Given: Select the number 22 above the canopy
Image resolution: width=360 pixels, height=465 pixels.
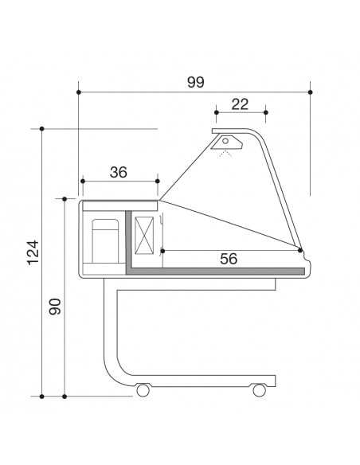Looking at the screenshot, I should [x=241, y=104].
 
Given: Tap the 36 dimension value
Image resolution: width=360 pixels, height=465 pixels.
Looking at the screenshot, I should [x=119, y=172].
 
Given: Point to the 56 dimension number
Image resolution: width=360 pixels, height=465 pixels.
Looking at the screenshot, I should [x=229, y=258].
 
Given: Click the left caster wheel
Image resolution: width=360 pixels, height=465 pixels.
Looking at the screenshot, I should [x=143, y=390].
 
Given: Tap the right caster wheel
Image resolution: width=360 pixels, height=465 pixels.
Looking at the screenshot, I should [x=259, y=390].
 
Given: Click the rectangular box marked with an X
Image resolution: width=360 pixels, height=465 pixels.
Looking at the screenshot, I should [x=146, y=235].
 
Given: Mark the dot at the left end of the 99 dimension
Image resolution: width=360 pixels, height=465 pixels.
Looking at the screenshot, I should [x=80, y=92].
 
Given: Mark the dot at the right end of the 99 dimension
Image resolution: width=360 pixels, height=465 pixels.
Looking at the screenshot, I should [x=311, y=92].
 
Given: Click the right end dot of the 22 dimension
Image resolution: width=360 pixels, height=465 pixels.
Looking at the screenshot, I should [x=265, y=113].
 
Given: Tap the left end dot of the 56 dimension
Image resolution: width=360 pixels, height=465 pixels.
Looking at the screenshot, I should [x=162, y=251].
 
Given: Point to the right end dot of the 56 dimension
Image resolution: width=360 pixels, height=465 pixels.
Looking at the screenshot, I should [x=299, y=251].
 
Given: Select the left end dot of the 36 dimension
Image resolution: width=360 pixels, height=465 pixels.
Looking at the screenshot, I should [x=81, y=181].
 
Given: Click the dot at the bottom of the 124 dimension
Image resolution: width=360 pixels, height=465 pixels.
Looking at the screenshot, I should [x=41, y=395].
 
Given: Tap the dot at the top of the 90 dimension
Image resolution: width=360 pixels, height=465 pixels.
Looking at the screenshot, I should [x=65, y=197].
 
